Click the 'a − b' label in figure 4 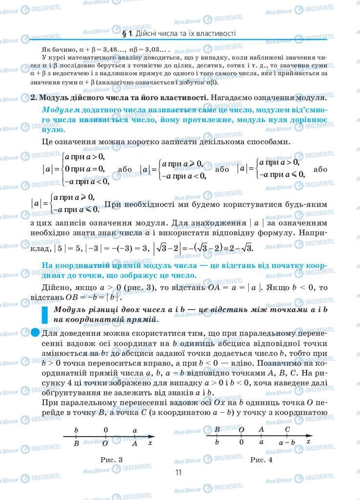pos(287,442)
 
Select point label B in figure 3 pos(77,443)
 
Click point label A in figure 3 pos(135,443)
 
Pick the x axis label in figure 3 pos(150,442)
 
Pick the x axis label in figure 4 pos(308,441)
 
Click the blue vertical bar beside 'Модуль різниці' pos(45,314)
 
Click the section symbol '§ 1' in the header pos(128,34)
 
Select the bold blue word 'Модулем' pos(60,110)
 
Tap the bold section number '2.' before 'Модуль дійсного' pos(34,97)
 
